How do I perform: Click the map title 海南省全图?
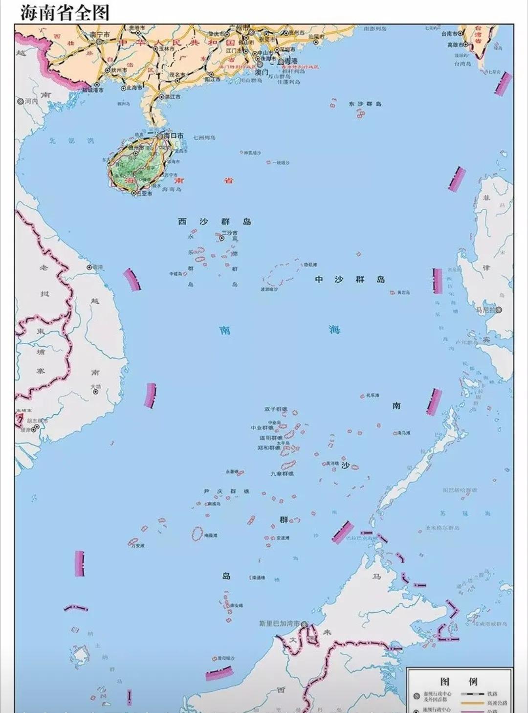[x=65, y=12]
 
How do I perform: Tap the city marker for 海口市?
[x=160, y=136]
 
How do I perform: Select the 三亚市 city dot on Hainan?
[x=134, y=193]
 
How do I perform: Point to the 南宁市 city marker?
[x=99, y=42]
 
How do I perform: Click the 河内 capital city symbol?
[x=20, y=102]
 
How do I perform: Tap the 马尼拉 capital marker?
[x=499, y=310]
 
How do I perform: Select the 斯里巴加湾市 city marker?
[x=304, y=624]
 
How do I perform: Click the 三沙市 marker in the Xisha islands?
[x=222, y=238]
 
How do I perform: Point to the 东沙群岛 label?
[x=365, y=104]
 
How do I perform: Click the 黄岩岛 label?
[x=403, y=292]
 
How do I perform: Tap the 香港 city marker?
[x=281, y=62]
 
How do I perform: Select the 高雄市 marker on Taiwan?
[x=466, y=45]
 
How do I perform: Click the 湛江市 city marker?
[x=162, y=97]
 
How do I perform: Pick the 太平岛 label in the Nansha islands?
[x=282, y=443]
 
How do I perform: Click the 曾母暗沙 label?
[x=226, y=658]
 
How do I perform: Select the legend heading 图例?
[x=459, y=681]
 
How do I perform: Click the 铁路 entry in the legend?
[x=492, y=694]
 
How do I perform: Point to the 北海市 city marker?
[x=122, y=88]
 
